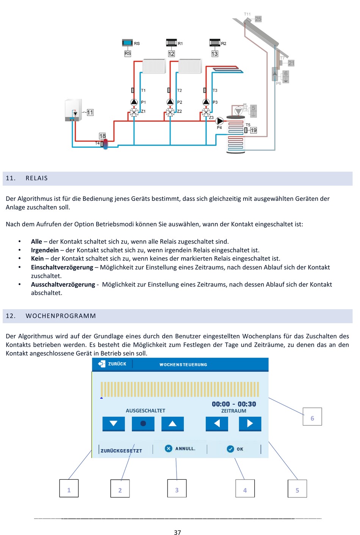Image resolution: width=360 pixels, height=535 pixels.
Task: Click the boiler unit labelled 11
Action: pyautogui.click(x=74, y=110)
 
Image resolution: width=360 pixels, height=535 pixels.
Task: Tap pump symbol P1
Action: pyautogui.click(x=134, y=102)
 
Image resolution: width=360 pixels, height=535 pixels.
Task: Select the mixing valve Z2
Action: pyautogui.click(x=170, y=112)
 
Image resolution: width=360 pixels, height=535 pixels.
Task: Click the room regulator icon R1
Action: pyautogui.click(x=172, y=43)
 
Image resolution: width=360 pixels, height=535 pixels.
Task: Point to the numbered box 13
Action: pyautogui.click(x=214, y=54)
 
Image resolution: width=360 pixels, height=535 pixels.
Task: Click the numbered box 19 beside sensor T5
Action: pyautogui.click(x=254, y=130)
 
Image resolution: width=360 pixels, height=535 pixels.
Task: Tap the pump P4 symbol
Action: pyautogui.click(x=219, y=121)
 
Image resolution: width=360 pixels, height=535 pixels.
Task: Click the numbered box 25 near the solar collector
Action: pyautogui.click(x=258, y=19)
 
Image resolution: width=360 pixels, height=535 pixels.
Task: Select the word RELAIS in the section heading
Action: pyautogui.click(x=36, y=178)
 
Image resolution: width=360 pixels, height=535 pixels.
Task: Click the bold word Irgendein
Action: pyautogui.click(x=45, y=250)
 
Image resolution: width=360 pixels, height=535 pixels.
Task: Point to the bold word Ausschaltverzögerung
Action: pyautogui.click(x=63, y=285)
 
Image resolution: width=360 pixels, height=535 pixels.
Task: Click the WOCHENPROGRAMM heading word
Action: pyautogui.click(x=61, y=316)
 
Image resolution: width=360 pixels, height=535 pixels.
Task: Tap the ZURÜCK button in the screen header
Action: pyautogui.click(x=112, y=364)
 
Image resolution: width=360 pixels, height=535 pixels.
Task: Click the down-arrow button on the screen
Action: pyautogui.click(x=113, y=424)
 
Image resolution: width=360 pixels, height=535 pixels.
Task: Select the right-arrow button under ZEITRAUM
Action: pyautogui.click(x=250, y=424)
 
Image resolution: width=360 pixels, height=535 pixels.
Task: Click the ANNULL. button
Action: pyautogui.click(x=180, y=449)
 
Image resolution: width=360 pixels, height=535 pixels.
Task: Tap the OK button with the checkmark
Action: pyautogui.click(x=235, y=449)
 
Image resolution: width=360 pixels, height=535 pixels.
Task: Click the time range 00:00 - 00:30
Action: pyautogui.click(x=234, y=404)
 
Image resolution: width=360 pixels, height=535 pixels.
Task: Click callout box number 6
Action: pyautogui.click(x=312, y=416)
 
